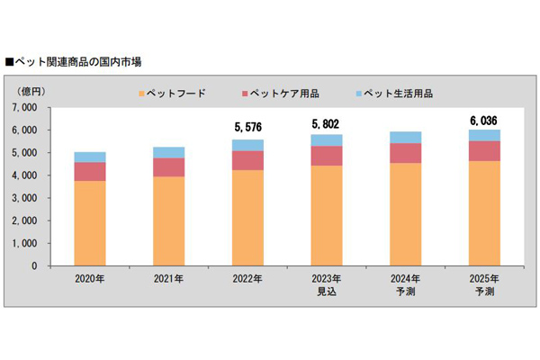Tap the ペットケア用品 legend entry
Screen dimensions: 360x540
coord(286,93)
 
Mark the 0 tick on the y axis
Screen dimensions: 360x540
coord(46,265)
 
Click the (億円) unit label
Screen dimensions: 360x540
coord(32,91)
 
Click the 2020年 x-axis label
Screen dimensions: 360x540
coord(90,279)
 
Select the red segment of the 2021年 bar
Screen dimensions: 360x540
coord(168,167)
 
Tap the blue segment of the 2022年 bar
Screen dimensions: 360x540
coord(247,145)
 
